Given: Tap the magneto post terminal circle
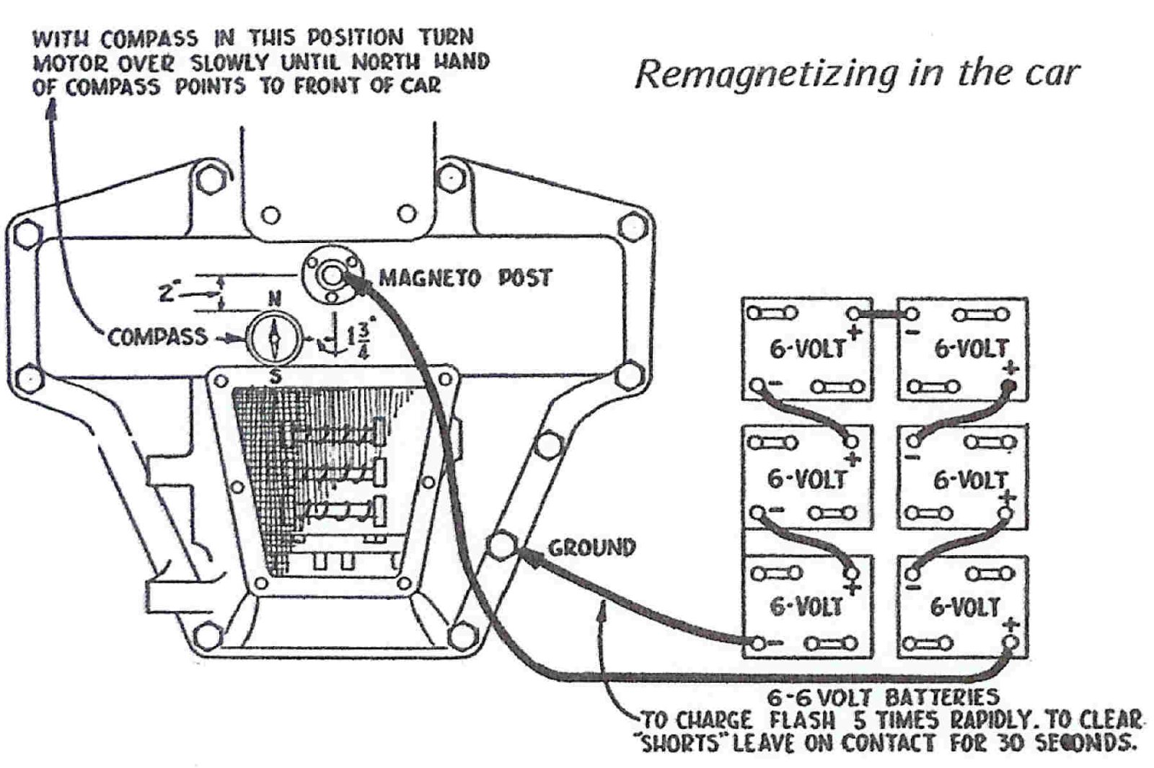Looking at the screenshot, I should click(331, 275).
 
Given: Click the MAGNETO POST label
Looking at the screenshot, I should click(465, 278).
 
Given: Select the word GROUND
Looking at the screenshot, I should click(591, 547).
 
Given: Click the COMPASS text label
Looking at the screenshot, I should click(157, 337).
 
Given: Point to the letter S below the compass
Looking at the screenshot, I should click(275, 376).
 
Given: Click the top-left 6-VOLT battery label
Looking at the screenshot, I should click(806, 349).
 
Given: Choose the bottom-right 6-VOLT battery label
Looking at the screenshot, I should click(964, 607).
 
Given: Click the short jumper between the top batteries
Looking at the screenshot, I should click(883, 314).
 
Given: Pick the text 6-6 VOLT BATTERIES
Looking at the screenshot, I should click(883, 697).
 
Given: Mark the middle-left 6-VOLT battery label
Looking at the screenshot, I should click(806, 479).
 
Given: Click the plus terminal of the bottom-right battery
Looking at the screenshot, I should click(1011, 641).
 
